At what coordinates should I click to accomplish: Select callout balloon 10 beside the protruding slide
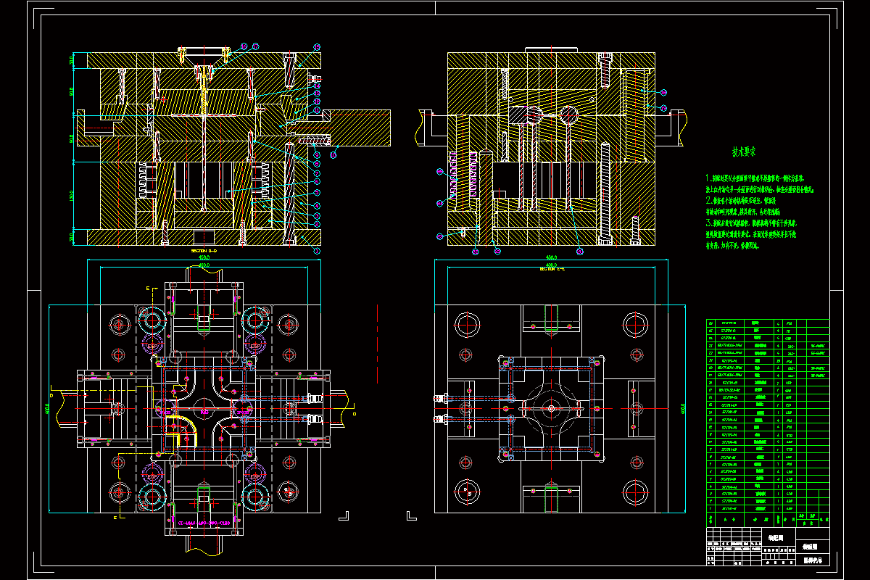tap(333, 154)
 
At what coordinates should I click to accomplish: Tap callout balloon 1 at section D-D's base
tap(317, 250)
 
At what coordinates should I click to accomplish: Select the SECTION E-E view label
tap(552, 269)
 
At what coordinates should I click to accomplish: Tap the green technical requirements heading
tap(744, 153)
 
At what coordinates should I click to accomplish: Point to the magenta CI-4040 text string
tap(204, 523)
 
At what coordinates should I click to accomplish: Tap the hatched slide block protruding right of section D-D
tap(359, 127)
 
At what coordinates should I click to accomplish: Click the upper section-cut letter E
tap(148, 289)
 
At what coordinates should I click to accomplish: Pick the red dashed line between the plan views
tap(378, 341)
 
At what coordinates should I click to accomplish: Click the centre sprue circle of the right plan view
tap(552, 408)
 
